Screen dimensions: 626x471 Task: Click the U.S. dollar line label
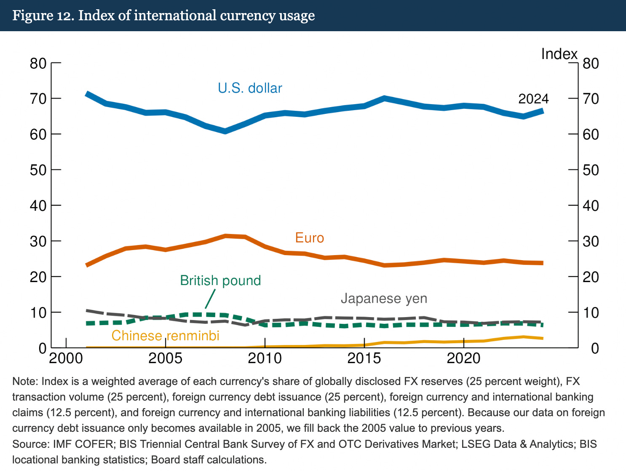click(250, 88)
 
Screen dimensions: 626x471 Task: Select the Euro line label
click(310, 238)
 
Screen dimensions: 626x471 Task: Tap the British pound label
click(220, 280)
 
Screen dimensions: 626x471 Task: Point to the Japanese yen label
click(384, 299)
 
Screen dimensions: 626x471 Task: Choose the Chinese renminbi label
click(166, 335)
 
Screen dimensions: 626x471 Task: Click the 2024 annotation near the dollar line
click(533, 99)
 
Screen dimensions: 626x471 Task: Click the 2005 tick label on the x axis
click(166, 358)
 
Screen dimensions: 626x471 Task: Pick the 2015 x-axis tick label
click(364, 358)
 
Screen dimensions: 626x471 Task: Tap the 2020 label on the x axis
click(464, 358)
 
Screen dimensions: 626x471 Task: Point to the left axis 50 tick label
click(38, 170)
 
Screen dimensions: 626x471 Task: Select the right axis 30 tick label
click(591, 242)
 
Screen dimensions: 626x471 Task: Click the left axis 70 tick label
click(38, 99)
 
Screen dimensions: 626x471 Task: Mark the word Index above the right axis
click(559, 54)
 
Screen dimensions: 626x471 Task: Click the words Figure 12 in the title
click(43, 16)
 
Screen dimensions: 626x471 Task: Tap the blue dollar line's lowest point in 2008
click(225, 132)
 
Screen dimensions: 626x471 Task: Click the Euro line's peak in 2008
click(225, 236)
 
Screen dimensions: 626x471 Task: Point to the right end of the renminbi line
click(543, 338)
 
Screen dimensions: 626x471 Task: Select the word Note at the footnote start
click(25, 381)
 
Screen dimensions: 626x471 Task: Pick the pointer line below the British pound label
click(210, 299)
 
